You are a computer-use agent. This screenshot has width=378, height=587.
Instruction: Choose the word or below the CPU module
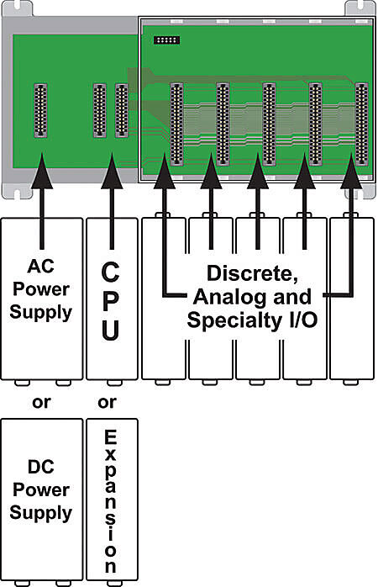(x=107, y=401)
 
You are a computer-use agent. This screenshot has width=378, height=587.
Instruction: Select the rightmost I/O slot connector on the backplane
(x=361, y=122)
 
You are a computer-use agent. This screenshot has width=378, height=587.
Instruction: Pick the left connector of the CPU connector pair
(x=100, y=109)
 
